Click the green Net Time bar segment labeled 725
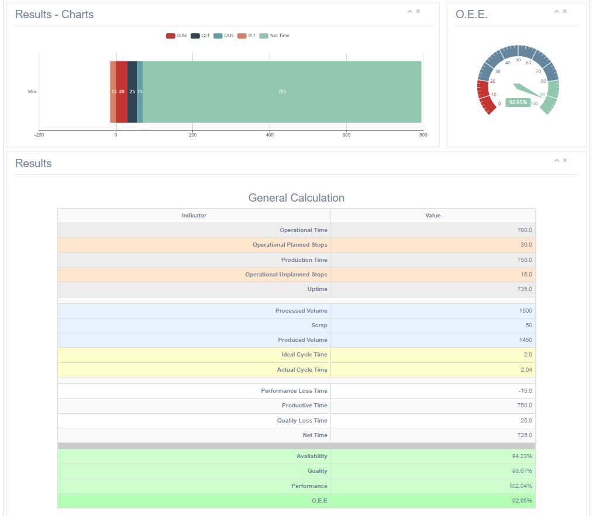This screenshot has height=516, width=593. click(282, 92)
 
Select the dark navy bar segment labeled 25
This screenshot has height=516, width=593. click(132, 92)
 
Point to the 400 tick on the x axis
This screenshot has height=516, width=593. click(270, 135)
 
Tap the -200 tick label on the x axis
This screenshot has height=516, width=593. click(39, 135)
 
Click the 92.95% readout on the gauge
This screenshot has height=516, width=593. click(518, 102)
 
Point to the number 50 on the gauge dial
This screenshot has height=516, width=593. click(518, 60)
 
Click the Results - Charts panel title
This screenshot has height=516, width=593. click(54, 15)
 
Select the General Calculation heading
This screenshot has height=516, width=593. click(296, 198)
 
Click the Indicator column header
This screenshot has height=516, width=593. click(194, 216)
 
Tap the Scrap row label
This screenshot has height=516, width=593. click(319, 325)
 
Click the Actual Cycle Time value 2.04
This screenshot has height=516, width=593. click(525, 370)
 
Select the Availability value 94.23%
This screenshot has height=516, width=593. click(522, 456)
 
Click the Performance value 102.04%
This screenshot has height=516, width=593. click(520, 486)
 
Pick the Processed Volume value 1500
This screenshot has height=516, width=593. click(525, 311)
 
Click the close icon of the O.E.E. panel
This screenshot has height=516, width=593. click(565, 11)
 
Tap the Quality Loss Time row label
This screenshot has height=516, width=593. click(302, 421)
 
